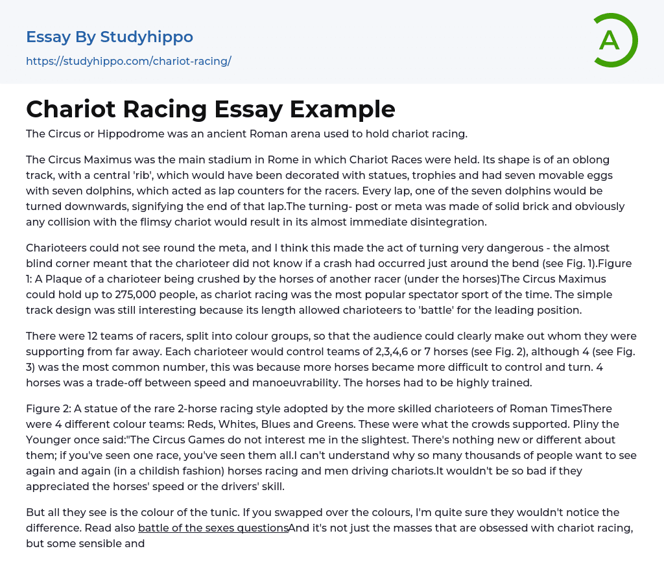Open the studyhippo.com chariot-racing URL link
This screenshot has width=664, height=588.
(128, 62)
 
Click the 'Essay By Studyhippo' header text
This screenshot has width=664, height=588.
(110, 37)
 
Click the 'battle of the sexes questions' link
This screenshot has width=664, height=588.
(213, 528)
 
